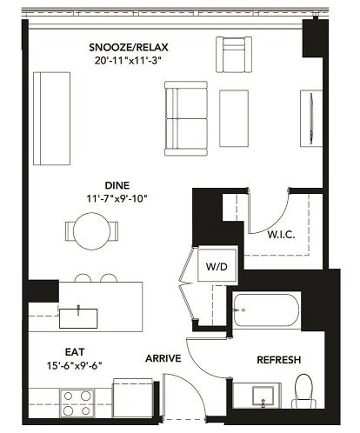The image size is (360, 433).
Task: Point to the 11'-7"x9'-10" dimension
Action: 117,198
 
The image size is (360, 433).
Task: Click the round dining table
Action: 90,230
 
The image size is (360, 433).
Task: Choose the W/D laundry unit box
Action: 216,267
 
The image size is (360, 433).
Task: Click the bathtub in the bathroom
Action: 265,310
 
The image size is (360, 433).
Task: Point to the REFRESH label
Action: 278,359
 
